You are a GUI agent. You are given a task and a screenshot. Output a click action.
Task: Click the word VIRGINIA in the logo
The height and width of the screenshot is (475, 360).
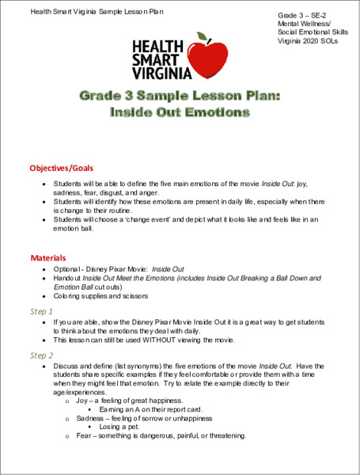162,74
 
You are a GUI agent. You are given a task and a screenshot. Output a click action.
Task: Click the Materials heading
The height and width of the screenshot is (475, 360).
47,258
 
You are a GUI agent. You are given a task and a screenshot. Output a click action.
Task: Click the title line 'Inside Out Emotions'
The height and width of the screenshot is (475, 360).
179,113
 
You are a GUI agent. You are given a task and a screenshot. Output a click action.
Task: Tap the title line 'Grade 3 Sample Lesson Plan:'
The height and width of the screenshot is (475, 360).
179,96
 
